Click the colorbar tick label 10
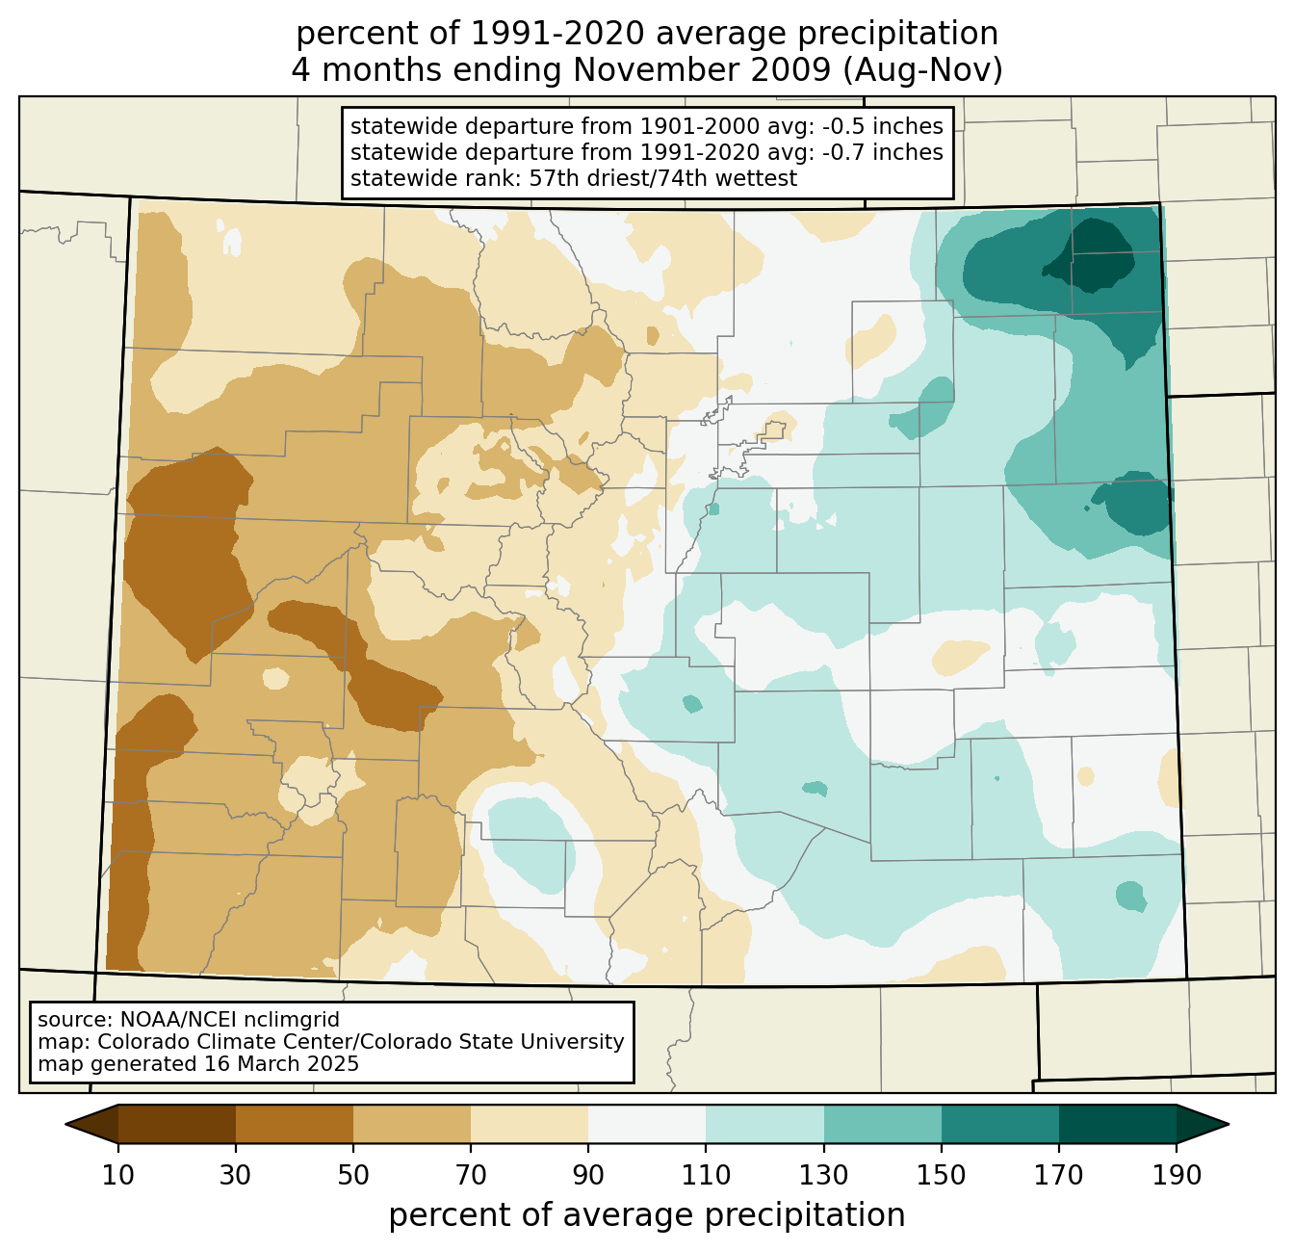pyautogui.click(x=117, y=1175)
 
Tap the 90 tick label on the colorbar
pyautogui.click(x=588, y=1175)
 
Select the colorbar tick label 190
pyautogui.click(x=1177, y=1175)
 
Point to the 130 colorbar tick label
pyautogui.click(x=824, y=1175)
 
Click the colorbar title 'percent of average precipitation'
pyautogui.click(x=647, y=1215)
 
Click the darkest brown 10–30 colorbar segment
pyautogui.click(x=177, y=1124)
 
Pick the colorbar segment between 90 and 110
pyautogui.click(x=647, y=1124)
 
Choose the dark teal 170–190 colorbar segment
pyautogui.click(x=1118, y=1124)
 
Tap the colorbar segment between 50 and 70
pyautogui.click(x=412, y=1124)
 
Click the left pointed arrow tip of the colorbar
pyautogui.click(x=65, y=1124)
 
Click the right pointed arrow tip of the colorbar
pyautogui.click(x=1229, y=1124)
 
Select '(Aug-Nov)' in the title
pyautogui.click(x=922, y=71)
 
